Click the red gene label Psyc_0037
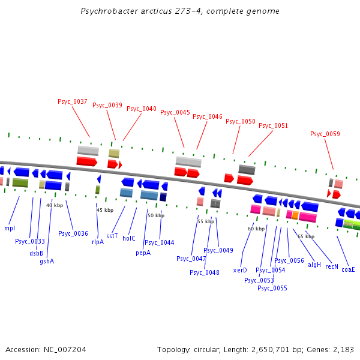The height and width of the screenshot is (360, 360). (x=73, y=101)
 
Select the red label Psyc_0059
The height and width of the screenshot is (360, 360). (x=325, y=134)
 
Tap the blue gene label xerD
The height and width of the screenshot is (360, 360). (x=240, y=270)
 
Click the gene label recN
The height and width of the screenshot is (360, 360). (x=332, y=266)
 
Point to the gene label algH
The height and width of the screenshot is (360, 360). (x=314, y=265)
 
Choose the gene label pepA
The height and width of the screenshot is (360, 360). (x=142, y=253)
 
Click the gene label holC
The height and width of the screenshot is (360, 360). (x=129, y=238)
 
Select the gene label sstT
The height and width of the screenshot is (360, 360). (x=112, y=236)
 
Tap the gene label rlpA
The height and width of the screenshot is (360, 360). (x=98, y=242)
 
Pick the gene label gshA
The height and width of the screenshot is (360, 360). (x=47, y=261)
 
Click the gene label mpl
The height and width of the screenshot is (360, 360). (x=10, y=228)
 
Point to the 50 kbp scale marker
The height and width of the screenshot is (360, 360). (x=155, y=215)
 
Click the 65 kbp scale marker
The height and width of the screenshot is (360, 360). (x=306, y=236)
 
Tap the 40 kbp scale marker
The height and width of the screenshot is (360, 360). (x=55, y=205)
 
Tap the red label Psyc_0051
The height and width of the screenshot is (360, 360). (x=274, y=125)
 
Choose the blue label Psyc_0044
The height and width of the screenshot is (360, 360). (x=160, y=242)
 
